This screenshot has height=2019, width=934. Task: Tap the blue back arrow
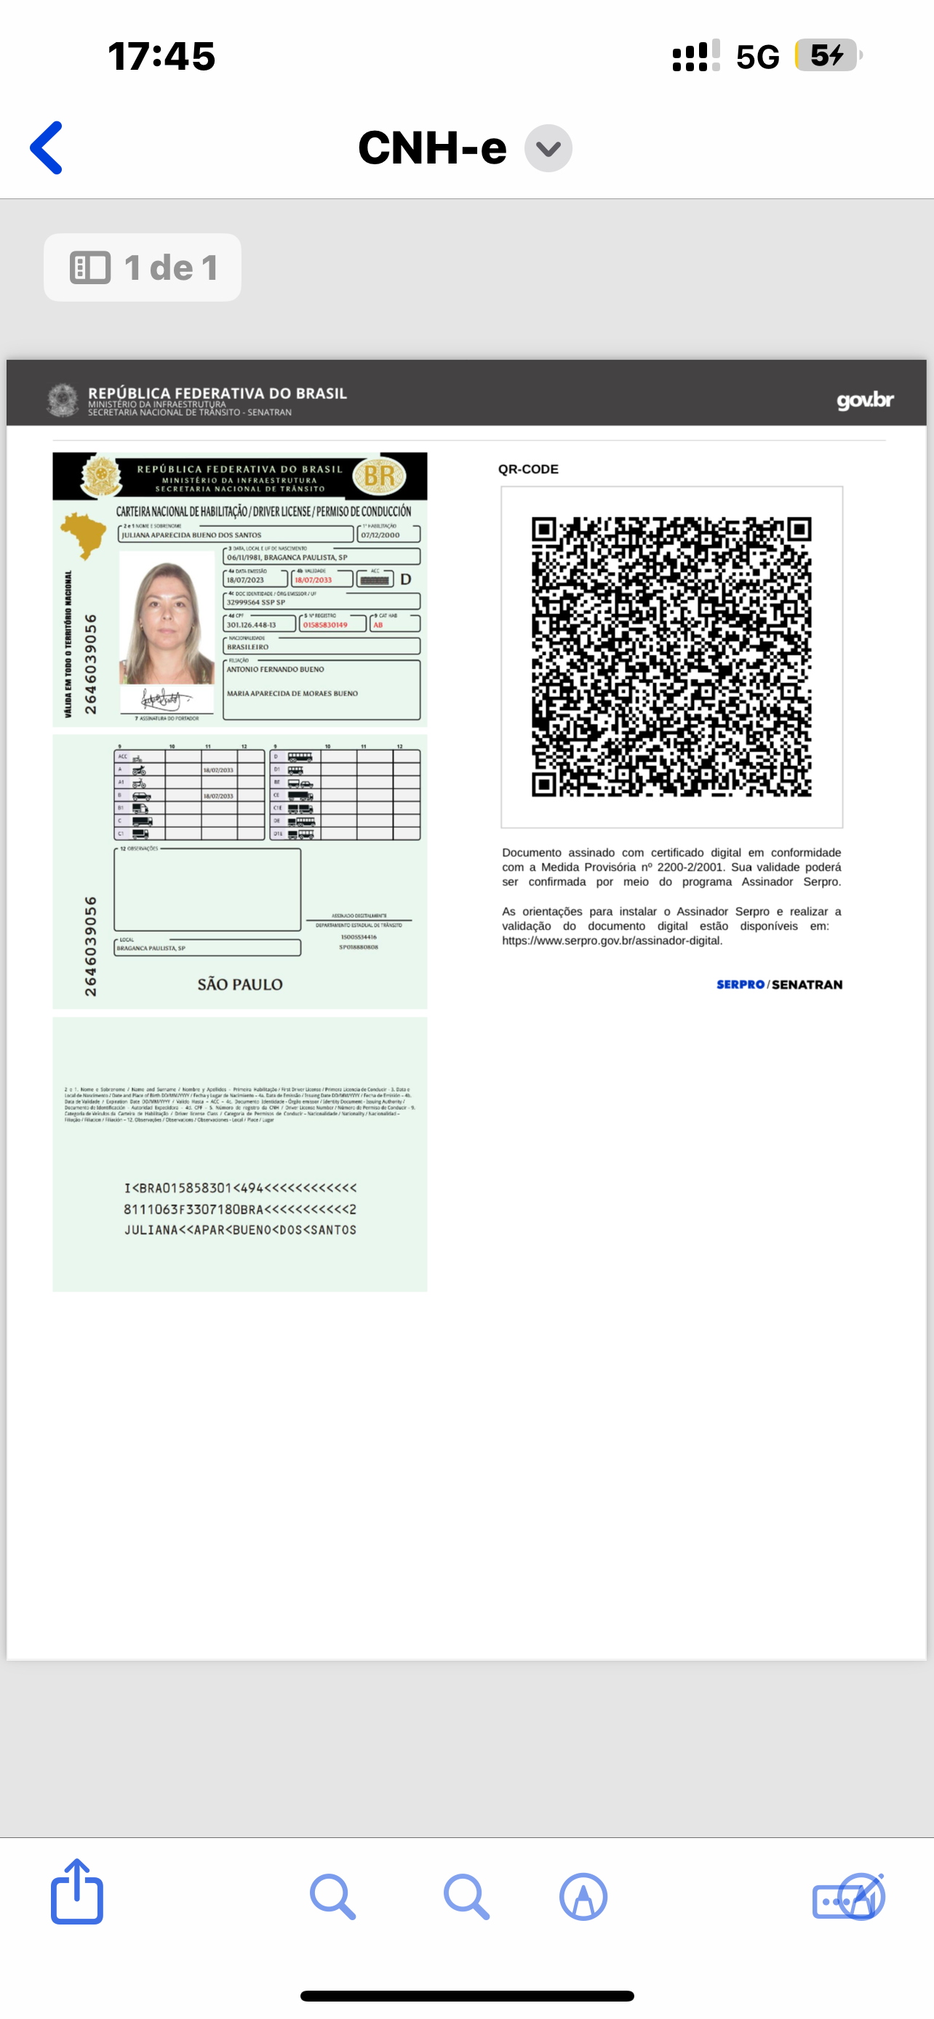tap(47, 148)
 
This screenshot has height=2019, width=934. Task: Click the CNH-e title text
tap(432, 148)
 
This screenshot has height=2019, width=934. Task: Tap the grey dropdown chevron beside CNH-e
tap(548, 148)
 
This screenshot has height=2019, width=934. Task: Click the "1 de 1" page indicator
tap(143, 267)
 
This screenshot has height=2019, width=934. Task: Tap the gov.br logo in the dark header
tap(864, 400)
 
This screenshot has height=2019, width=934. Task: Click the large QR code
tap(671, 657)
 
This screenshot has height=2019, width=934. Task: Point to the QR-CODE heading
tap(528, 470)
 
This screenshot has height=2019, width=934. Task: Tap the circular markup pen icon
tap(583, 1897)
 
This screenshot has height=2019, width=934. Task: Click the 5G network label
tap(757, 57)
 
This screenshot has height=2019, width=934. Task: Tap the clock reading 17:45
tap(161, 57)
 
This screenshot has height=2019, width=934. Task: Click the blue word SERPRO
tap(740, 984)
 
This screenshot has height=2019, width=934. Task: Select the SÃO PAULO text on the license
tap(240, 984)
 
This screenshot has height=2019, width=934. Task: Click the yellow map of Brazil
tap(83, 533)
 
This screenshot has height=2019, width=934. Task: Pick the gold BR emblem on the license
tap(380, 476)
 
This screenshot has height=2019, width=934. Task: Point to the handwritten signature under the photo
tap(164, 698)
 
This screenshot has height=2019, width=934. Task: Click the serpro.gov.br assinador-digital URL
tap(612, 940)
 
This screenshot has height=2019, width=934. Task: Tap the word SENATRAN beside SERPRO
tap(807, 984)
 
